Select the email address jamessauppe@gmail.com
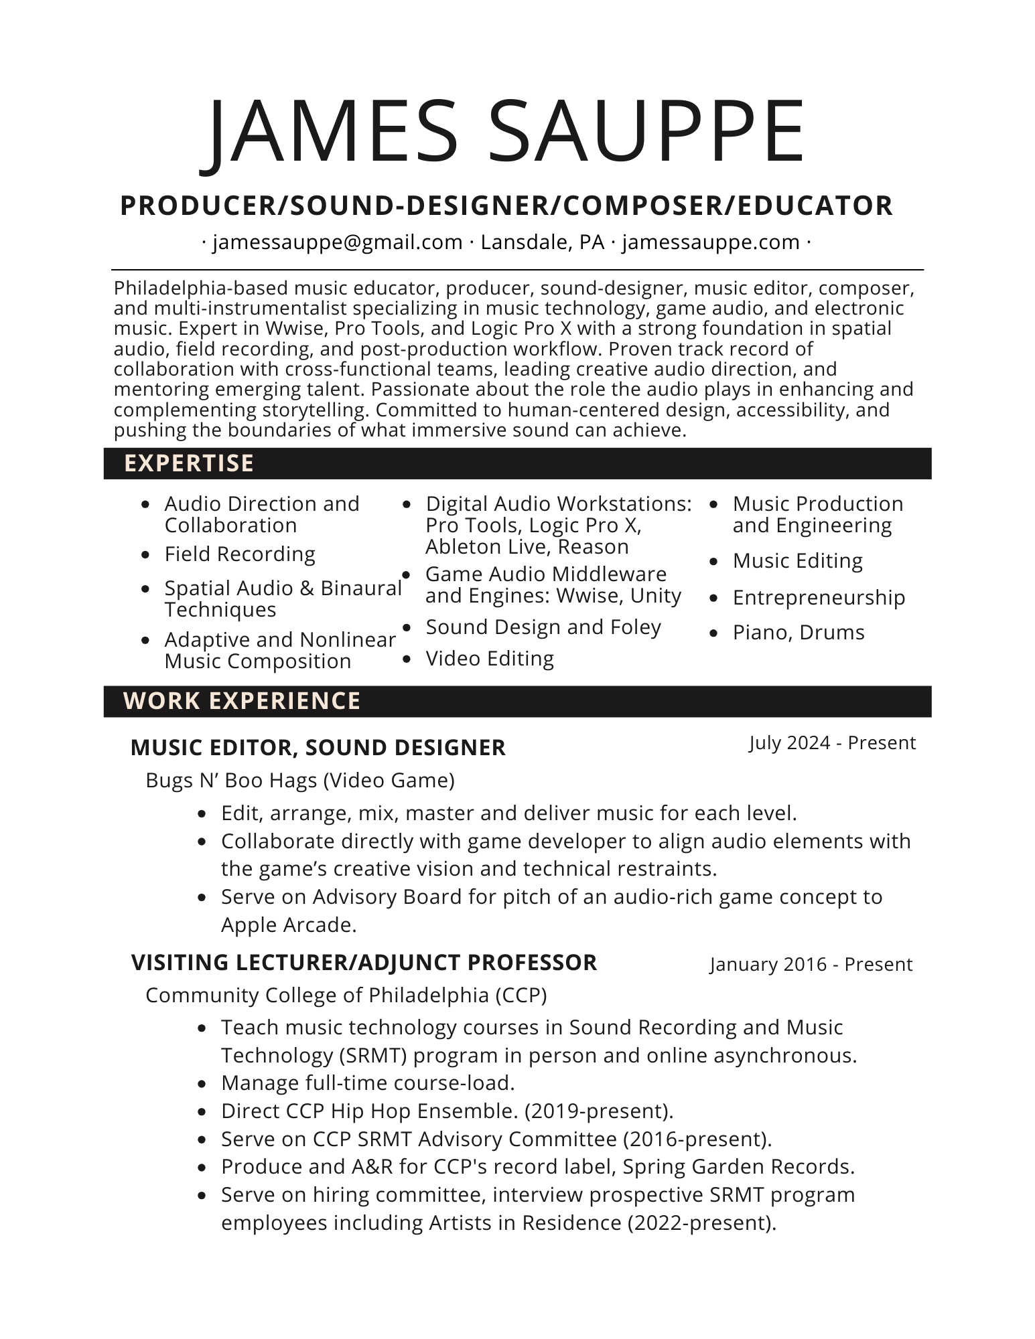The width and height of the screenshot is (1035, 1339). tap(338, 242)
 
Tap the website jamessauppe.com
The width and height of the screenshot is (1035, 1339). tap(711, 242)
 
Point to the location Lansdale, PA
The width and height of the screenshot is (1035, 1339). tap(543, 242)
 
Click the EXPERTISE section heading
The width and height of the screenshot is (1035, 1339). tap(189, 463)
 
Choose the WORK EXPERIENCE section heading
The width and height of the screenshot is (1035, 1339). tap(242, 701)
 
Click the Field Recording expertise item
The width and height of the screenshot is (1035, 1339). tap(240, 554)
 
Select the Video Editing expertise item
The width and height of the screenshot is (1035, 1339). tap(490, 659)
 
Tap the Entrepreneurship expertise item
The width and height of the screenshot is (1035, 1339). tap(819, 597)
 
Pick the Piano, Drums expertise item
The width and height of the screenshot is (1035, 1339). tap(799, 633)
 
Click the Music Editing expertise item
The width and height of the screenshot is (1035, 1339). tap(797, 561)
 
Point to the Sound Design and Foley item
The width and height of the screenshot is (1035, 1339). tap(543, 627)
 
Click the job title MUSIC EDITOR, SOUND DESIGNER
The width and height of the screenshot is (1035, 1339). tap(318, 748)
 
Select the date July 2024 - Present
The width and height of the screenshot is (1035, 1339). tap(832, 743)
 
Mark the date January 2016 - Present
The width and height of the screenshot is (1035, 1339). tap(811, 965)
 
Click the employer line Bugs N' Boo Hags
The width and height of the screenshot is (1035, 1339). tap(299, 781)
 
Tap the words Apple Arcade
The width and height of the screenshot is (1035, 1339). tap(288, 925)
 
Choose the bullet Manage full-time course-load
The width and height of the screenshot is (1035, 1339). tap(368, 1083)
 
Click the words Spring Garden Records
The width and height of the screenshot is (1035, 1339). tap(738, 1167)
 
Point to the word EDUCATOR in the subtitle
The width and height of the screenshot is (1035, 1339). tap(815, 206)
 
